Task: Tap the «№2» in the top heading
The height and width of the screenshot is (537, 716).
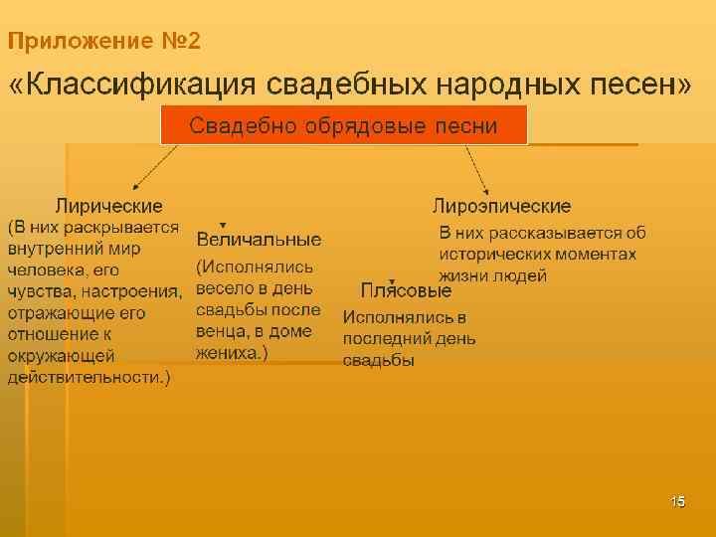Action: coord(180,42)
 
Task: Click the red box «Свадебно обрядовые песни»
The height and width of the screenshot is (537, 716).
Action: coord(343,126)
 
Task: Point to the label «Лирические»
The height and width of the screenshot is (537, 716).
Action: coord(108,206)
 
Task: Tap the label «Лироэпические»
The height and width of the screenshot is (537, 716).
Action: coord(501,206)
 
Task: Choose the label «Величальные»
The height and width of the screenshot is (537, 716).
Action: coord(259,240)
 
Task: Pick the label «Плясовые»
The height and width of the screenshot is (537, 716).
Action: coord(406,291)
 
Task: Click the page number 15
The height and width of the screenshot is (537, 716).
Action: coord(678,500)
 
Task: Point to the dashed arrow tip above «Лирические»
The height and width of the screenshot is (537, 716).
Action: coord(135,186)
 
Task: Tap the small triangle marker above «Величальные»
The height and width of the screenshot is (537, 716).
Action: coord(223,225)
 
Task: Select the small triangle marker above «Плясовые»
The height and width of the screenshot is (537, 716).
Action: coord(393,281)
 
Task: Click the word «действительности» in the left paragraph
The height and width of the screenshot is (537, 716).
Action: coord(85,377)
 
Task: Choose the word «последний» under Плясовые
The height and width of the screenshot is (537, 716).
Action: coord(385,339)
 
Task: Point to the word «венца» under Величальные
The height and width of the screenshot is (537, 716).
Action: coord(220,331)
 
